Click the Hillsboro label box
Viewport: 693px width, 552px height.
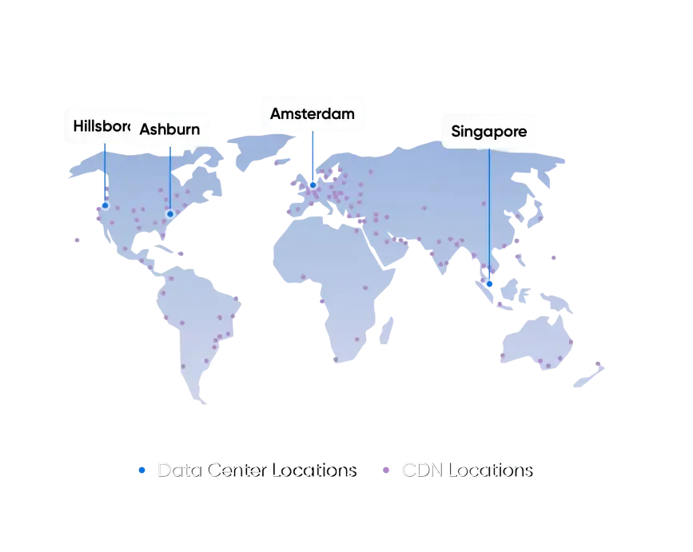[x=100, y=125]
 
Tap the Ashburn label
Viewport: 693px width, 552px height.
[x=169, y=129]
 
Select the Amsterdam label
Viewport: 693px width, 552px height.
[x=312, y=113]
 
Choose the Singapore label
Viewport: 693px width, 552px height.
[x=488, y=131]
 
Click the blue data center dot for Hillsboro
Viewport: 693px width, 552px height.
[x=105, y=205]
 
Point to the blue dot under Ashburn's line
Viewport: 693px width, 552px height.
[x=169, y=213]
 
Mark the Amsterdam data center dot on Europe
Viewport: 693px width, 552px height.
[x=313, y=185]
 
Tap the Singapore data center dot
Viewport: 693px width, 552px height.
[x=489, y=284]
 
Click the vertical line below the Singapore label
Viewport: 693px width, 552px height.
[x=489, y=216]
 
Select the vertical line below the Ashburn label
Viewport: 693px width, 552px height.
[x=169, y=180]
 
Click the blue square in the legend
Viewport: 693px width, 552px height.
[x=141, y=472]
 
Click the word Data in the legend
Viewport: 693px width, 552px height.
[x=177, y=471]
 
